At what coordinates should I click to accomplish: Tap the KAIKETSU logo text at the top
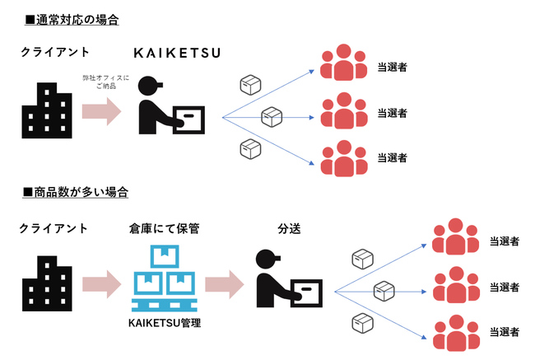(x=177, y=54)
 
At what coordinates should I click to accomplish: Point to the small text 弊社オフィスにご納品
(x=100, y=81)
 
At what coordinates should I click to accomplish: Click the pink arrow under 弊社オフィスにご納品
(x=100, y=112)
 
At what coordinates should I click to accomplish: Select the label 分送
(x=288, y=227)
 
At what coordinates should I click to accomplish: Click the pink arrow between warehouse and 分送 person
(x=223, y=285)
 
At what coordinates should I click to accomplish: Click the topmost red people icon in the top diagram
(x=343, y=65)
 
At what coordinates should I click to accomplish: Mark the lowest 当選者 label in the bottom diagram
(x=503, y=333)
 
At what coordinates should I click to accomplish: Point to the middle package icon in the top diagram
(x=272, y=117)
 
